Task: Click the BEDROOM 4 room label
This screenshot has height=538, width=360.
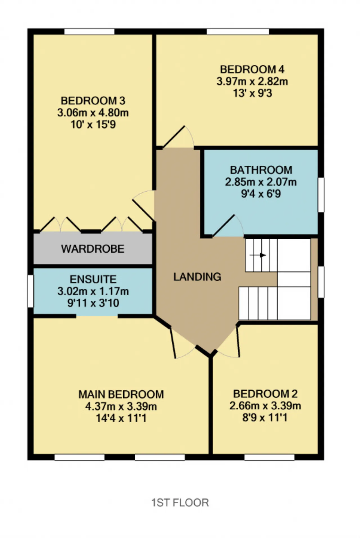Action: pyautogui.click(x=252, y=69)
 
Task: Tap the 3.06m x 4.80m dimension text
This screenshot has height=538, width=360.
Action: pyautogui.click(x=93, y=112)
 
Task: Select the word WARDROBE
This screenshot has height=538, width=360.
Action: pyautogui.click(x=93, y=249)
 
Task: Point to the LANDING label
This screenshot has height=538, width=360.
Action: pyautogui.click(x=197, y=277)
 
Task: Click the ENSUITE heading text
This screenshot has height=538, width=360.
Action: pyautogui.click(x=93, y=279)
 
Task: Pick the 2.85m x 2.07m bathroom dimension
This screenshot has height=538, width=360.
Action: pyautogui.click(x=261, y=182)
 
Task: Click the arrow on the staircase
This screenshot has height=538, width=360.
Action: pyautogui.click(x=258, y=255)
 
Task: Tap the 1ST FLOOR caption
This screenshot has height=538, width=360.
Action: pyautogui.click(x=180, y=502)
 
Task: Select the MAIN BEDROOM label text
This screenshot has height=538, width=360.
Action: pyautogui.click(x=121, y=394)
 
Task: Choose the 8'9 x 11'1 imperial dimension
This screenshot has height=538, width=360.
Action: pyautogui.click(x=265, y=417)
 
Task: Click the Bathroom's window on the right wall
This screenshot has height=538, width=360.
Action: pyautogui.click(x=321, y=195)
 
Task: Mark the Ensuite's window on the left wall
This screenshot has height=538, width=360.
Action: pyautogui.click(x=30, y=291)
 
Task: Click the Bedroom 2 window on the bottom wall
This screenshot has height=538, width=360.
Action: pyautogui.click(x=269, y=457)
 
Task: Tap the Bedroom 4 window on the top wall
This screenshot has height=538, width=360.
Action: pyautogui.click(x=238, y=31)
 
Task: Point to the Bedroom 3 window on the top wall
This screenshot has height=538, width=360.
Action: pyautogui.click(x=89, y=31)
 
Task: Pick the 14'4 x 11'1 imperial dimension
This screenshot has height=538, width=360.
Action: pyautogui.click(x=121, y=418)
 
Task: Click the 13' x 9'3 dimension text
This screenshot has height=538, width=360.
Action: pyautogui.click(x=252, y=93)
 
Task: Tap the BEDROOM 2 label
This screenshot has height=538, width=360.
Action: pyautogui.click(x=265, y=394)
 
